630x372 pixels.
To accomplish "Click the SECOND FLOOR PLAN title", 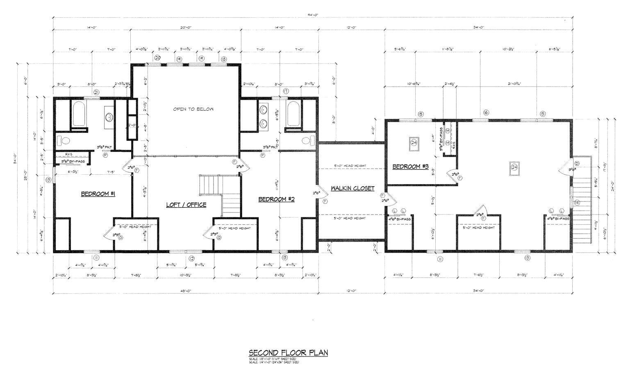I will pyautogui.click(x=288, y=353).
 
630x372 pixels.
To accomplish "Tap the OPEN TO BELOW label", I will pyautogui.click(x=193, y=109).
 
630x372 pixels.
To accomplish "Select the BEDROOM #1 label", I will pyautogui.click(x=98, y=194).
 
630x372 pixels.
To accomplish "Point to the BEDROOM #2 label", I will pyautogui.click(x=276, y=199).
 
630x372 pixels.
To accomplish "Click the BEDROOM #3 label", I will pyautogui.click(x=410, y=167).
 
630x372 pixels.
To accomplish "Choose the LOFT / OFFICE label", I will pyautogui.click(x=186, y=205).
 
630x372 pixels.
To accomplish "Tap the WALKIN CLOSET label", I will pyautogui.click(x=353, y=188).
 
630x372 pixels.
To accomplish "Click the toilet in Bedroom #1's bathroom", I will pyautogui.click(x=64, y=141).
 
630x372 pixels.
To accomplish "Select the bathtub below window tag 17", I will pyautogui.click(x=294, y=114).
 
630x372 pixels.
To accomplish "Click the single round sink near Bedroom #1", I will pyautogui.click(x=109, y=117).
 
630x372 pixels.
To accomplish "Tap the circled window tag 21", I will pyautogui.click(x=96, y=92).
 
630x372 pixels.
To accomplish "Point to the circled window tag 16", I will pyautogui.click(x=486, y=113).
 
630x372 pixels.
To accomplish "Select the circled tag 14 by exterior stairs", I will pyautogui.click(x=577, y=203).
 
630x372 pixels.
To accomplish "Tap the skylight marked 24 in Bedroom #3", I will pyautogui.click(x=414, y=142).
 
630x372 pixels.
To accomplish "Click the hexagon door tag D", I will pyautogui.click(x=577, y=164).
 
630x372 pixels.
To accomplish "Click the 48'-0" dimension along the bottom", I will pyautogui.click(x=186, y=290).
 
